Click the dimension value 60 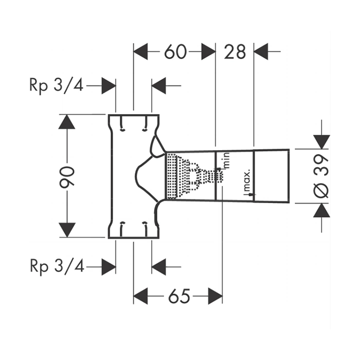(175, 51)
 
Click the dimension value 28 (235, 51)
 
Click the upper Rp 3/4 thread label (56, 85)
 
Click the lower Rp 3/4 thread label (56, 266)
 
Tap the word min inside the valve (225, 161)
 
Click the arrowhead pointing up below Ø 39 (321, 210)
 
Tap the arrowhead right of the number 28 (262, 51)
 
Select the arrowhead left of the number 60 (141, 51)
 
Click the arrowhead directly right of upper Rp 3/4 (109, 86)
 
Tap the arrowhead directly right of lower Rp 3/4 (109, 266)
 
